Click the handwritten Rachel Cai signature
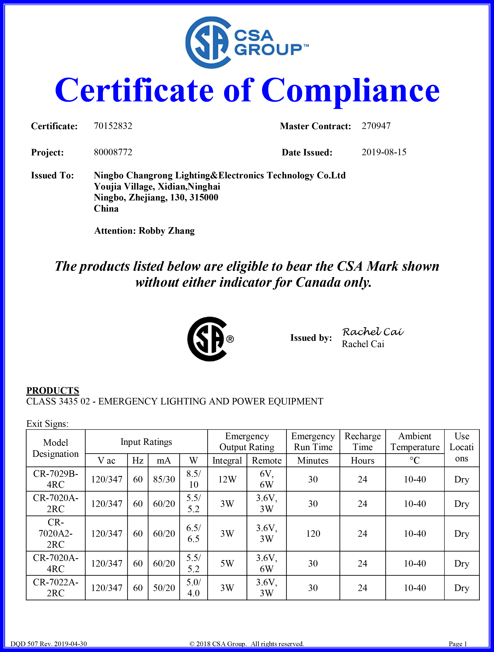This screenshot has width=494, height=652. click(373, 332)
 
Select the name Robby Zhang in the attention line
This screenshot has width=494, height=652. click(166, 231)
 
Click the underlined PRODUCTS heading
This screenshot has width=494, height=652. click(53, 390)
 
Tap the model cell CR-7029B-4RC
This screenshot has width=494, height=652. click(56, 479)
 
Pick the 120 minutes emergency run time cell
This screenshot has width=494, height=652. click(313, 534)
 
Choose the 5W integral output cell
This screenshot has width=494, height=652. click(227, 563)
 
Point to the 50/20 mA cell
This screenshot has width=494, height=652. click(164, 588)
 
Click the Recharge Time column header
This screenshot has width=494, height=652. click(363, 441)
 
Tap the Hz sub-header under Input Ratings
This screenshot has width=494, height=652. click(137, 460)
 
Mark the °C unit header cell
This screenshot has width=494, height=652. click(415, 460)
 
